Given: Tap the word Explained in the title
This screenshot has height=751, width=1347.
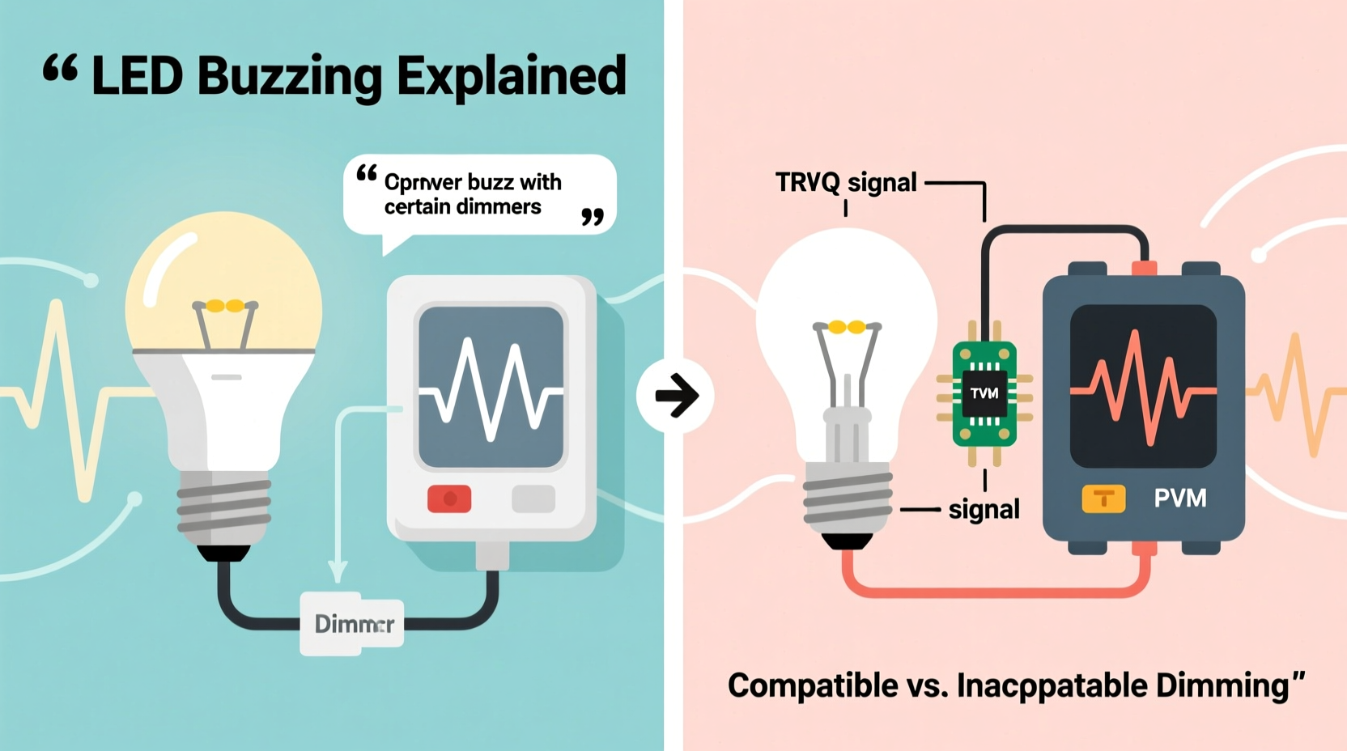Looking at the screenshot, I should (512, 76).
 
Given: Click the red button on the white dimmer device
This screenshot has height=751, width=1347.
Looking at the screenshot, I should (449, 499).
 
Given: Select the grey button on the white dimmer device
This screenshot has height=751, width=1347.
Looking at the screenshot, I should (533, 499).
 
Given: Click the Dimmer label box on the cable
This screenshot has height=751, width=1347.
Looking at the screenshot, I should (352, 624).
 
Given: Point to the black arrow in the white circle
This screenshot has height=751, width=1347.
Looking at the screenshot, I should (676, 396).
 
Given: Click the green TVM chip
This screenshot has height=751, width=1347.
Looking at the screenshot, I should (984, 394).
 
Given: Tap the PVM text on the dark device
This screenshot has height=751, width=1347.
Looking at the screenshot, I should (1180, 498).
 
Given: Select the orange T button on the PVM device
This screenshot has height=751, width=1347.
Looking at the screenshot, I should (1103, 499).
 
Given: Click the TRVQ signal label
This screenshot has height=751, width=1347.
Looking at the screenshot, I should (846, 183).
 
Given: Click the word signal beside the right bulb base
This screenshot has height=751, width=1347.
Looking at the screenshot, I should (984, 510).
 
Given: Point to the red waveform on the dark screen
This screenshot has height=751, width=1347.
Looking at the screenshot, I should (1142, 387).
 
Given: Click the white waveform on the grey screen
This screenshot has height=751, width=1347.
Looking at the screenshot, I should (491, 388).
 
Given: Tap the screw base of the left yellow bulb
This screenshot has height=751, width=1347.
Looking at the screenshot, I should (224, 507).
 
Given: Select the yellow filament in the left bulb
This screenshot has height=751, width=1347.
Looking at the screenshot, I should (224, 306).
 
